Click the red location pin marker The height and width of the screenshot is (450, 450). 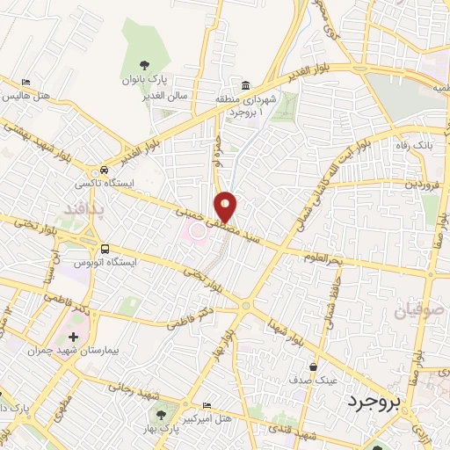point(227,206)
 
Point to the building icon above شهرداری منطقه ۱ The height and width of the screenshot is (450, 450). point(245,85)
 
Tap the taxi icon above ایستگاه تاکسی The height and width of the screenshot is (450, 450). point(105,170)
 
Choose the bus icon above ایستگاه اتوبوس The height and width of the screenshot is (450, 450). point(105,249)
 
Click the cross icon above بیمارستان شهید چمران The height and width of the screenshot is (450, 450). point(73,337)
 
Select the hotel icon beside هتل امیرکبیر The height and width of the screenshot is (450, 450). point(206,405)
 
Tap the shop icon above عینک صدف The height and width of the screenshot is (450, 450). point(313,367)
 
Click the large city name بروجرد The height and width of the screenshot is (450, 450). point(373,400)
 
